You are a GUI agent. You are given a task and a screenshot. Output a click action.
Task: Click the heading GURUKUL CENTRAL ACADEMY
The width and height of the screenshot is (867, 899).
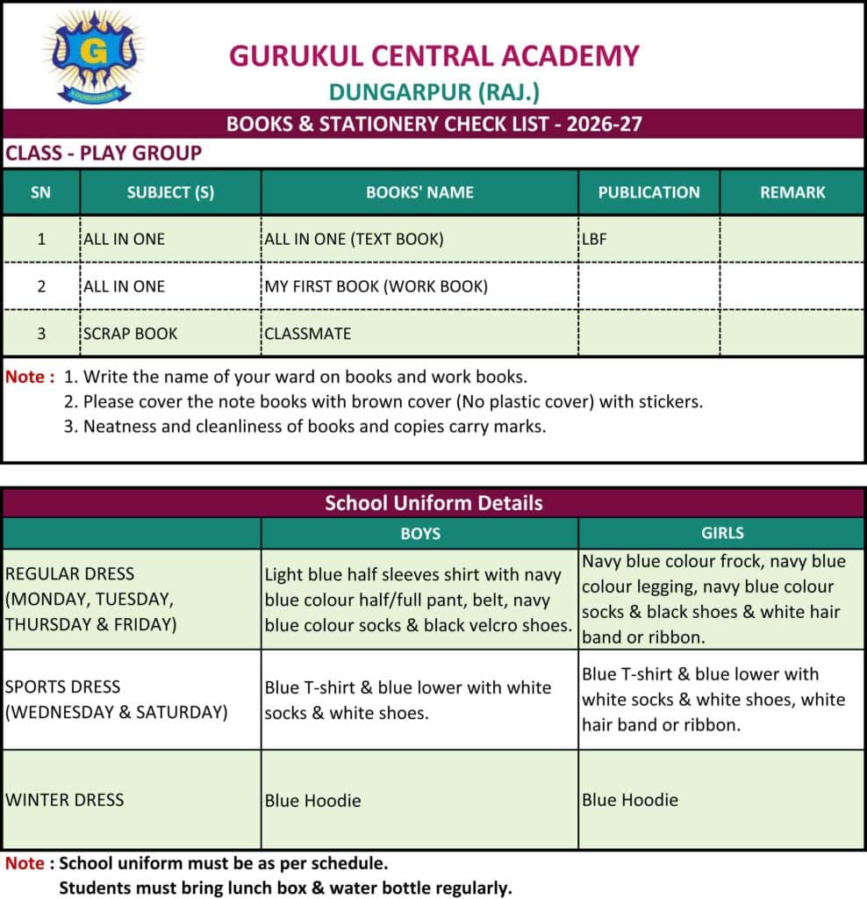433,55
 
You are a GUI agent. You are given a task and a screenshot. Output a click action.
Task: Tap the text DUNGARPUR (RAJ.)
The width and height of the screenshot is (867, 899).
433,91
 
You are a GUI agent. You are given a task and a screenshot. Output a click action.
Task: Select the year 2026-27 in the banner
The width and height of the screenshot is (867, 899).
604,124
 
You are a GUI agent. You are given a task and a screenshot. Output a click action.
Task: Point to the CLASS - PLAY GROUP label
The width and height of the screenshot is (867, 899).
104,154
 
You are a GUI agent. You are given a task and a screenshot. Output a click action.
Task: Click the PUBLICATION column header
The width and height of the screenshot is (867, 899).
648,192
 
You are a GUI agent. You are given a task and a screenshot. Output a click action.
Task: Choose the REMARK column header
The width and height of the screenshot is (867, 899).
792,192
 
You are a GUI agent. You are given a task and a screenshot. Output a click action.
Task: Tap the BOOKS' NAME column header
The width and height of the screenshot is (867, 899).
419,192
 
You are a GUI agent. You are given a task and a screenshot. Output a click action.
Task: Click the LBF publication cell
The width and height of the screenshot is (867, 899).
595,239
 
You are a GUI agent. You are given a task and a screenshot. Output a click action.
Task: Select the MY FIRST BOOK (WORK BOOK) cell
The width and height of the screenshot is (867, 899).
376,286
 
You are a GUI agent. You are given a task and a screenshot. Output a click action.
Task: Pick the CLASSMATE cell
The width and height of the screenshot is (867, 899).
307,334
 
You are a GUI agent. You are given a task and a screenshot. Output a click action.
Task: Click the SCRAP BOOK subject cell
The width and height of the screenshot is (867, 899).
130,334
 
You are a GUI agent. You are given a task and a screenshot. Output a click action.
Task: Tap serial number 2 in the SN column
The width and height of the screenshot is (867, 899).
40,286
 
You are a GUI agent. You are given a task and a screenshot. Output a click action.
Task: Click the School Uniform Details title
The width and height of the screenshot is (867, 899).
433,503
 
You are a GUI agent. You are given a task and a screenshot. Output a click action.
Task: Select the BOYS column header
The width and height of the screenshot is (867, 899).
419,533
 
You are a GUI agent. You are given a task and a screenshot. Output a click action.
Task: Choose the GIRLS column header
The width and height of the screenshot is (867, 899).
722,533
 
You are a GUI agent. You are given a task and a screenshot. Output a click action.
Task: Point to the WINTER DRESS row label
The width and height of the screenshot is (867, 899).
65,800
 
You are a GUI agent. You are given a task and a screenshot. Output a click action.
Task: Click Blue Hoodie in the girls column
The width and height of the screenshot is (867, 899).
630,800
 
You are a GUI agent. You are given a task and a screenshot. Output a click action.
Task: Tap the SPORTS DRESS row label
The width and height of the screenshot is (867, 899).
63,687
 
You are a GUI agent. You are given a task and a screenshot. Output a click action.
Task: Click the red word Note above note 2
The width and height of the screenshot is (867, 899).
25,378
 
